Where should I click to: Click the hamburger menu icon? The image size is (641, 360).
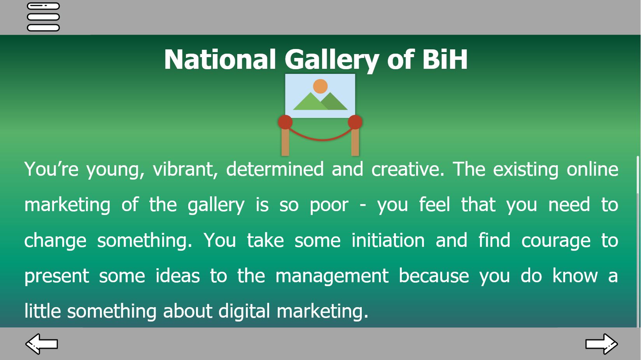tap(43, 17)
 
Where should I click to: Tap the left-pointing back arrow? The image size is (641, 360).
tap(42, 344)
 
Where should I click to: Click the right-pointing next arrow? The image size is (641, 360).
tap(601, 344)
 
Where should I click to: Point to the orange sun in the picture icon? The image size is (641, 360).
tap(320, 86)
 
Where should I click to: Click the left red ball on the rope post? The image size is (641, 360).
tap(285, 122)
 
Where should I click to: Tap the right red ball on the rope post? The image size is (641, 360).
tap(355, 122)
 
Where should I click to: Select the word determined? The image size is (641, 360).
tap(275, 169)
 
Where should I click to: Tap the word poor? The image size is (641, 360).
tap(329, 205)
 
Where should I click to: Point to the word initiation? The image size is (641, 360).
tap(388, 240)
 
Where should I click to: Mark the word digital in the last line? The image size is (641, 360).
tap(244, 311)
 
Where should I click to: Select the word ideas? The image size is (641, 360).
tap(178, 276)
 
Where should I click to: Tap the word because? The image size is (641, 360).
tap(434, 276)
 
